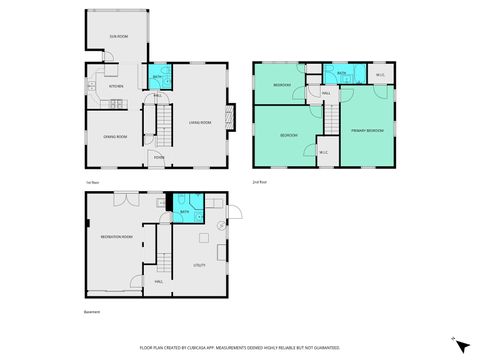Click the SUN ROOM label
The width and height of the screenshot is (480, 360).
(x=118, y=37)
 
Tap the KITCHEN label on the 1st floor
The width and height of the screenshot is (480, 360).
(x=116, y=86)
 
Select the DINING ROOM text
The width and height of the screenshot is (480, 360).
(x=115, y=136)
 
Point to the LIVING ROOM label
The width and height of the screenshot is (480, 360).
(x=200, y=123)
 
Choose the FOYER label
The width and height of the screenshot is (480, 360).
(x=159, y=156)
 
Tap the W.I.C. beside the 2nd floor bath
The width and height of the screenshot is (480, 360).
(x=380, y=75)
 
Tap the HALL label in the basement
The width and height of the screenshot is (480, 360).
(x=159, y=282)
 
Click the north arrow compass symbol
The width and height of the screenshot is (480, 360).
(x=462, y=344)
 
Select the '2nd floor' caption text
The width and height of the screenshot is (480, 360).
(x=261, y=182)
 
